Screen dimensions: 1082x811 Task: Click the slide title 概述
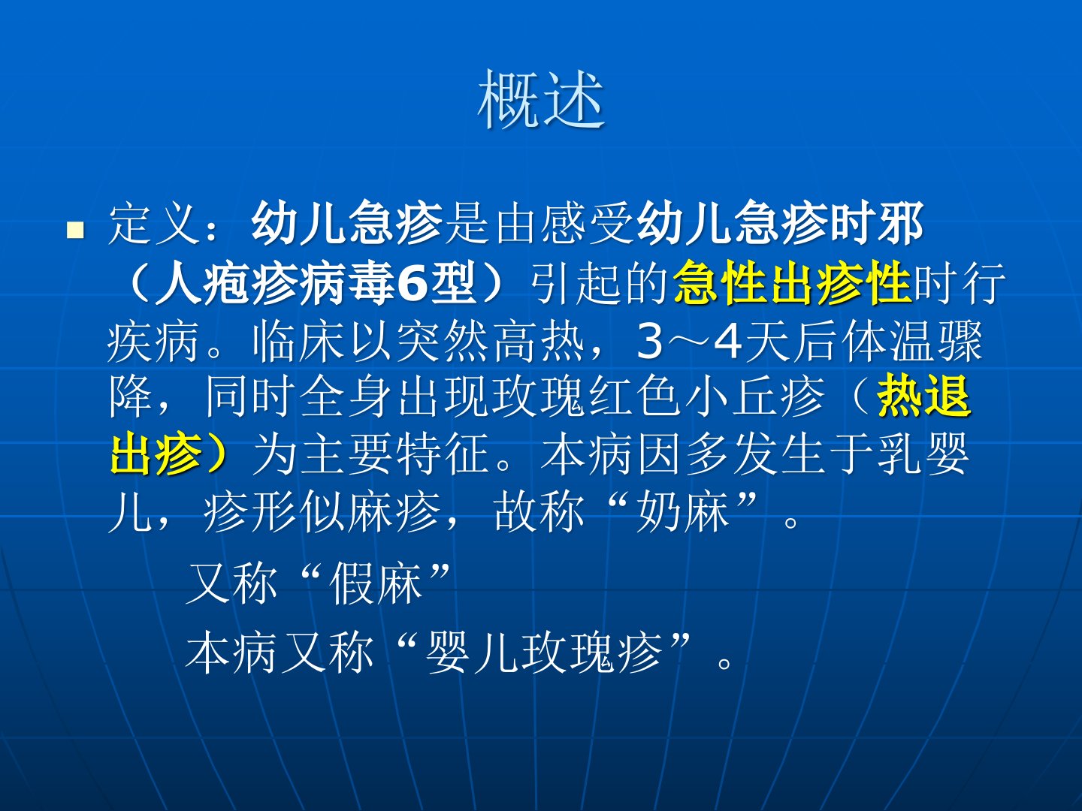[x=541, y=99]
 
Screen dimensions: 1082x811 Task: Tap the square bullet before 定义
[x=75, y=230]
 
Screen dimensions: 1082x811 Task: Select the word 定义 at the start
[x=154, y=225]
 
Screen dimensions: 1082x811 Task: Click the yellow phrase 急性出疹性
[x=792, y=283]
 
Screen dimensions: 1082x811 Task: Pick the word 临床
[x=298, y=342]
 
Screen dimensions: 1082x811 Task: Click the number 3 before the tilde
[x=650, y=342]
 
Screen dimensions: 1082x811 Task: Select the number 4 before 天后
[x=727, y=342]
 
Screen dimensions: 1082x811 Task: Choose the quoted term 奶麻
[x=683, y=511]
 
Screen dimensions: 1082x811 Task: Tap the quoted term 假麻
[x=376, y=583]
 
